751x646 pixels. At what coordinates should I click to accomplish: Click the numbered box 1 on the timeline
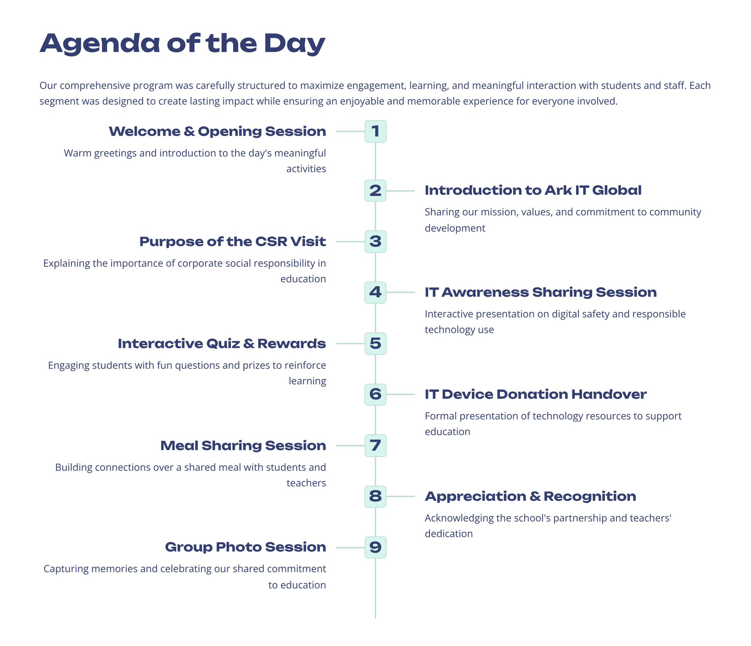[x=375, y=131]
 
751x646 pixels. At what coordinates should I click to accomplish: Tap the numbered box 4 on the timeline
[x=375, y=292]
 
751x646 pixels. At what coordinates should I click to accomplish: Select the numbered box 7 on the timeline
[x=375, y=445]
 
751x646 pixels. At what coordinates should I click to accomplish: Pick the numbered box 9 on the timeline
[x=375, y=547]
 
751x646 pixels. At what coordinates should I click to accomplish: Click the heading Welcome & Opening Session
[x=217, y=131]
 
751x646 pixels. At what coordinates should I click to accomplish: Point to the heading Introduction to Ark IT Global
[x=533, y=191]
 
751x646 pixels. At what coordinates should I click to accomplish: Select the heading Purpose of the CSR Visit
[x=233, y=242]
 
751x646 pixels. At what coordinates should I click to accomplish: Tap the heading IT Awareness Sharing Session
[x=541, y=292]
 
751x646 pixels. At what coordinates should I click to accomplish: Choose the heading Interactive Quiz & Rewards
[x=222, y=344]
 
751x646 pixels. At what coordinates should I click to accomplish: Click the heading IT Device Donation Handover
[x=535, y=394]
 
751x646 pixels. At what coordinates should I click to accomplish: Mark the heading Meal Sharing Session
[x=243, y=446]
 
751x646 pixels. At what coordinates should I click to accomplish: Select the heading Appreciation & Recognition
[x=530, y=497]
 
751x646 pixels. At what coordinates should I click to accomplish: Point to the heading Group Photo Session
[x=246, y=547]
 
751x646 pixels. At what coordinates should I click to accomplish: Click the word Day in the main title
[x=295, y=44]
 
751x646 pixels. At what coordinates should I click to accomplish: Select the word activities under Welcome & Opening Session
[x=306, y=169]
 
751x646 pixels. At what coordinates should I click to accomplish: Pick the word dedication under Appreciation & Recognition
[x=449, y=534]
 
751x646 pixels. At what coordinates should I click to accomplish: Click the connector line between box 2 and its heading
[x=401, y=191]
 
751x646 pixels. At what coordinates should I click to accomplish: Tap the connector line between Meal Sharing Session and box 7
[x=350, y=446]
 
